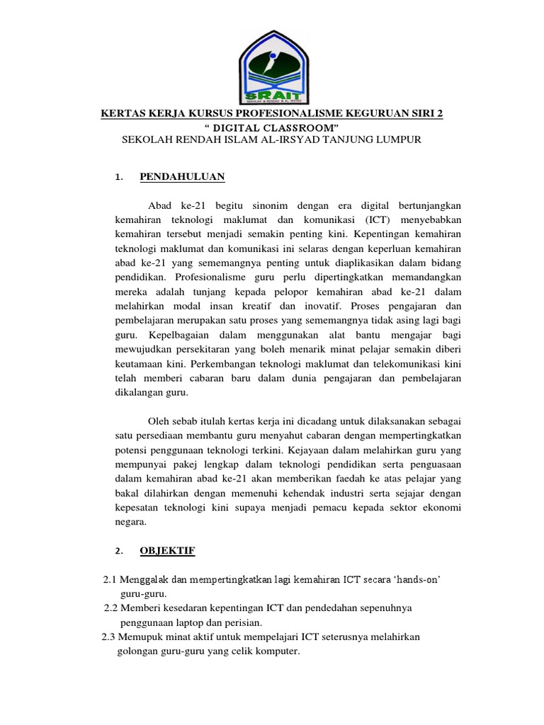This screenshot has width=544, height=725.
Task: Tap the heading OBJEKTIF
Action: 167,550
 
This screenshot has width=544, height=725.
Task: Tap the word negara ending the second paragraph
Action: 130,522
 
